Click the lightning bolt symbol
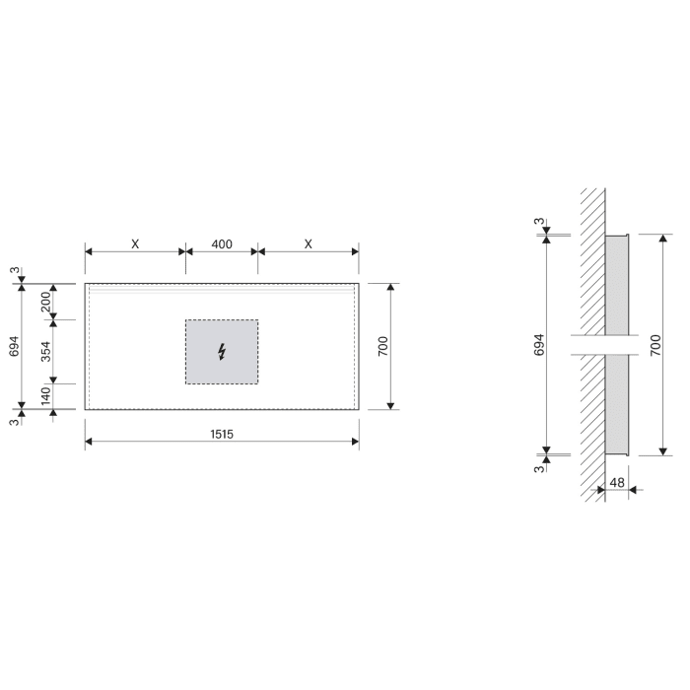tap(222, 351)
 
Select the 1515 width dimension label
tap(222, 433)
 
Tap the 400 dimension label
tap(222, 243)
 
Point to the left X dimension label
tap(135, 243)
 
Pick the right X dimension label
tap(309, 243)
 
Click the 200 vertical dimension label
tap(45, 302)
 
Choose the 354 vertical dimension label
tap(45, 351)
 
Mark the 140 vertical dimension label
tap(45, 396)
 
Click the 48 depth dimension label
tap(617, 482)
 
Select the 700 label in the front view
tap(383, 346)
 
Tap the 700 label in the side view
tap(655, 345)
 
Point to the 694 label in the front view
tap(14, 346)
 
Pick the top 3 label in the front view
tap(14, 270)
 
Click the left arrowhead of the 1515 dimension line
tap(90, 443)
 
